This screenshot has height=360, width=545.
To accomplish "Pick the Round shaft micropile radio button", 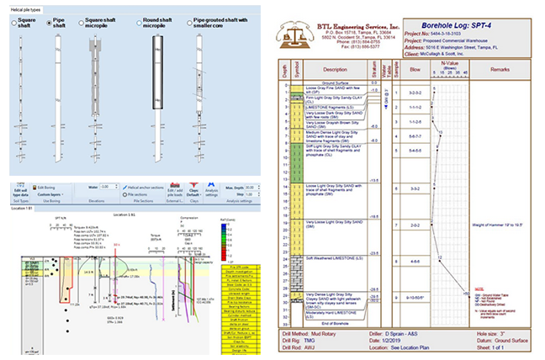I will [137, 24].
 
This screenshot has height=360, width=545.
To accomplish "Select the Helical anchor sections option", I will [148, 187].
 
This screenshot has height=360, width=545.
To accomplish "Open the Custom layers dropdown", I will [50, 195].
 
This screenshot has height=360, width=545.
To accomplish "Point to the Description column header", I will [335, 70].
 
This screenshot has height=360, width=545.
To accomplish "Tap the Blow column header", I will [413, 70].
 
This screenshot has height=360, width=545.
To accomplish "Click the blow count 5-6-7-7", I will [413, 134].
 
